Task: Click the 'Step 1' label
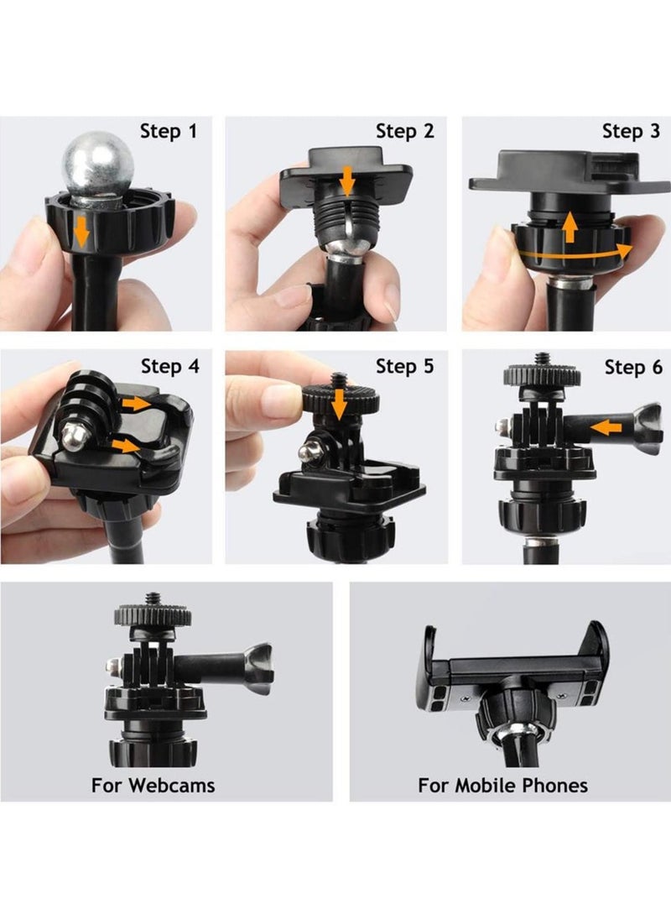coord(169,132)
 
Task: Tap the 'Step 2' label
coord(405,132)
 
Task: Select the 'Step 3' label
coord(631,132)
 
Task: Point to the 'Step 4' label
coord(170,367)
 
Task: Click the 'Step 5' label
coord(405,367)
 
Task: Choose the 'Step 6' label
coord(633,368)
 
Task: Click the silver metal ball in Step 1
coord(98,164)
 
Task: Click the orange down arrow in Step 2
coord(348,180)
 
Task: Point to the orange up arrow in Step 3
coord(569,227)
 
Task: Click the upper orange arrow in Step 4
coord(137,403)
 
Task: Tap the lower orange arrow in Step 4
coord(126,446)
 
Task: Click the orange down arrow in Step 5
coord(338,405)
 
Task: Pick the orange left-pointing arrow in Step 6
coord(606,426)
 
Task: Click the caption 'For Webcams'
coord(153,785)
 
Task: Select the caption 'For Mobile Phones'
coord(502,785)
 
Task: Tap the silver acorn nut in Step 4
coord(75,436)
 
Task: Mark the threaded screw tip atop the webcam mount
coord(153,599)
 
